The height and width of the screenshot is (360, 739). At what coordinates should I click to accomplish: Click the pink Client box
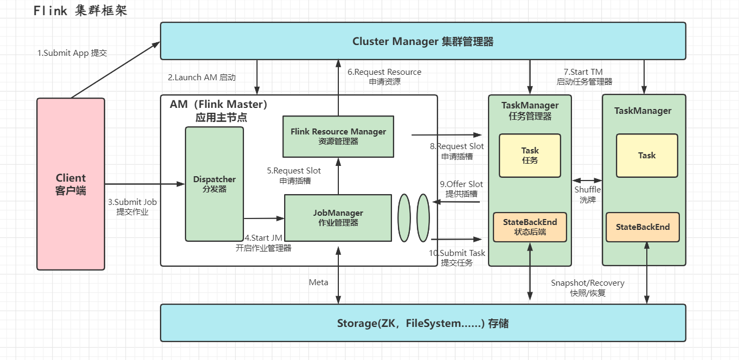point(70,184)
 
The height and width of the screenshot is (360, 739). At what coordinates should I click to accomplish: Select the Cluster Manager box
point(423,41)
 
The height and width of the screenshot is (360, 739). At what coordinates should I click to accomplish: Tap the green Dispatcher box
point(215,184)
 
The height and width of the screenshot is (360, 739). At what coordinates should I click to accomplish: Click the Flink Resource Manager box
point(338,136)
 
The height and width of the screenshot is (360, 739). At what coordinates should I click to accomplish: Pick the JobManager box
point(338,217)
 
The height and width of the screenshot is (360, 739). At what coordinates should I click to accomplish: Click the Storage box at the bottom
point(423,324)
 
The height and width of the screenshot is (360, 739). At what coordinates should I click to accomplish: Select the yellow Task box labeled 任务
point(530,155)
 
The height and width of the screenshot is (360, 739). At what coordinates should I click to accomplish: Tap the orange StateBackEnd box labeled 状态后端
point(530,227)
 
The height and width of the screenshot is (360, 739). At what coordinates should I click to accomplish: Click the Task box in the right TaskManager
point(647,155)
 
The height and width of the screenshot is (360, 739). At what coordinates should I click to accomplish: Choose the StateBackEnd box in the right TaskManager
point(642,227)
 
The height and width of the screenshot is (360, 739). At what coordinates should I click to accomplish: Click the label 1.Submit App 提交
point(72,53)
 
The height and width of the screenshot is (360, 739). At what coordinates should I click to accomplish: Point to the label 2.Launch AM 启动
point(202,78)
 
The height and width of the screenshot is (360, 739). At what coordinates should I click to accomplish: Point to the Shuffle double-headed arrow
point(587,180)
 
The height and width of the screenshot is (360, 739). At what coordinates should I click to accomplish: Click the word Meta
point(318,282)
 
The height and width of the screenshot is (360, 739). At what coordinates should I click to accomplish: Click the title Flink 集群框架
point(80,11)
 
